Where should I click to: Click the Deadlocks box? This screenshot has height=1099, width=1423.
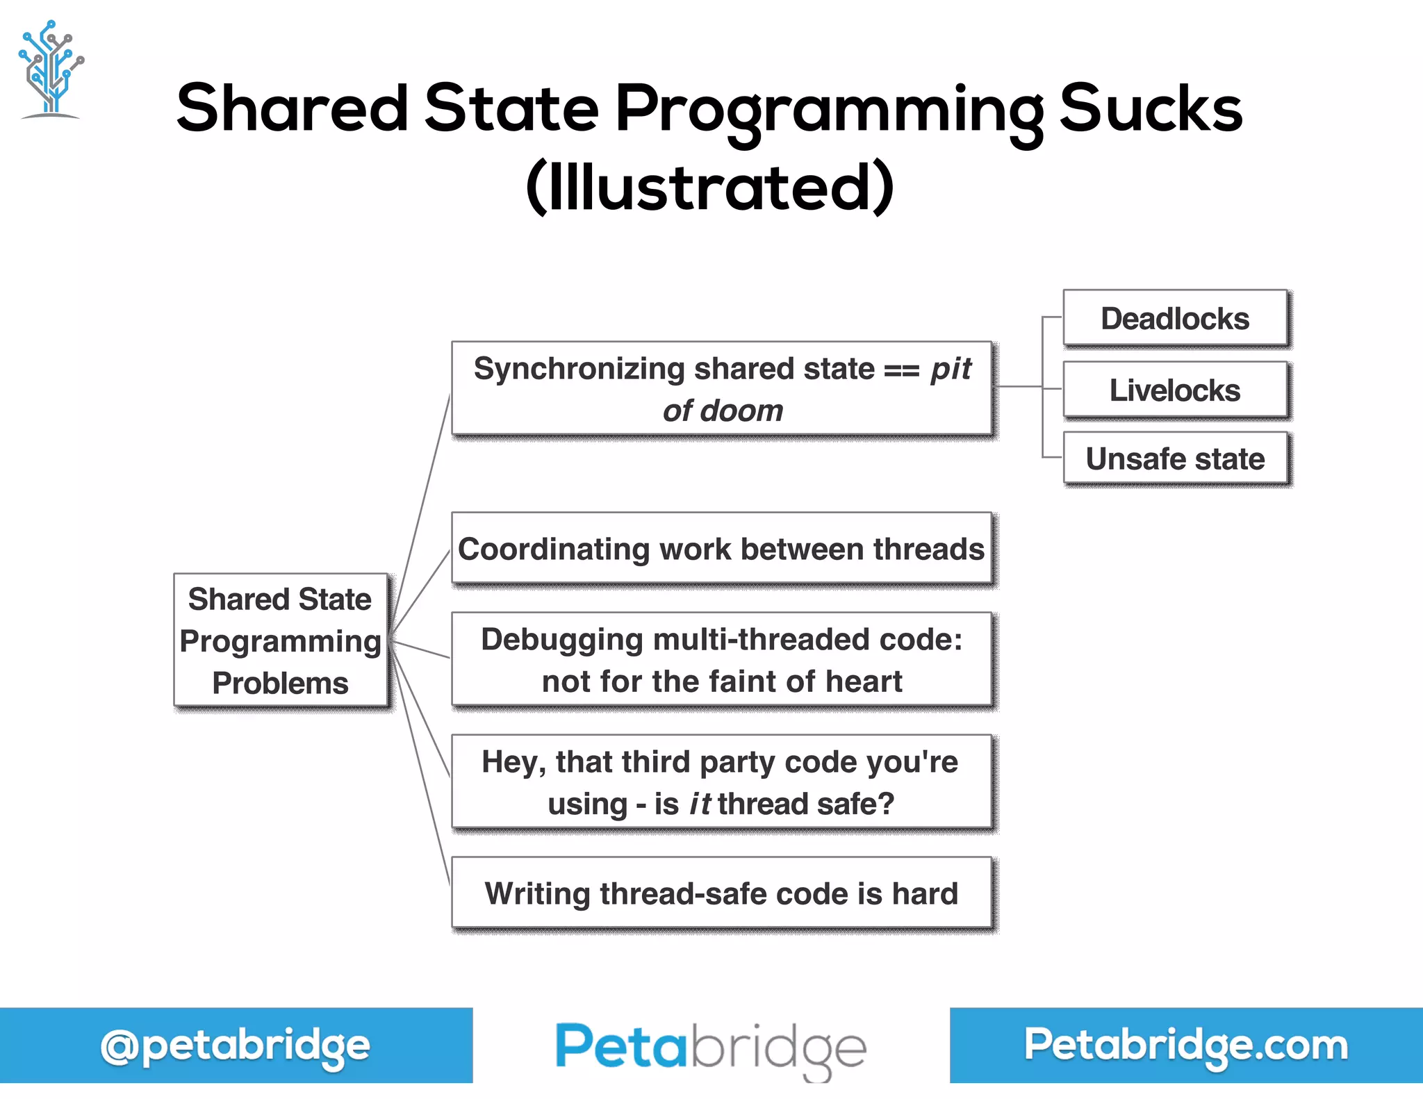[x=1175, y=319]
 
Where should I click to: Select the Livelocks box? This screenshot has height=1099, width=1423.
[x=1175, y=390]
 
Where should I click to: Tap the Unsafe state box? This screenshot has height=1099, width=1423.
[x=1175, y=459]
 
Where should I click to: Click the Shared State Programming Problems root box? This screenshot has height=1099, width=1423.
[x=280, y=641]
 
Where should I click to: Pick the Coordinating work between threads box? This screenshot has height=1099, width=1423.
[x=721, y=549]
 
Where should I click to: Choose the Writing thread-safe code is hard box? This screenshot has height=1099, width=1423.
[x=721, y=893]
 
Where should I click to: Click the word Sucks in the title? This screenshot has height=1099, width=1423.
[x=1151, y=108]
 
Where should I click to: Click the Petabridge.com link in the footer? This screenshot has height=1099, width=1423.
[x=1185, y=1045]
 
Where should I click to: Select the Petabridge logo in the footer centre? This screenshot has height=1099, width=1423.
[x=710, y=1048]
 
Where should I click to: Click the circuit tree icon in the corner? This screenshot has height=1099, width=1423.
[x=51, y=69]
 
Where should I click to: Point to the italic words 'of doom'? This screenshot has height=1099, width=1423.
[x=723, y=411]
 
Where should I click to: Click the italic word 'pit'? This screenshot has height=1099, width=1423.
[x=951, y=369]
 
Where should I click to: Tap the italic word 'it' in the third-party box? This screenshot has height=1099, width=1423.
[x=700, y=804]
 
